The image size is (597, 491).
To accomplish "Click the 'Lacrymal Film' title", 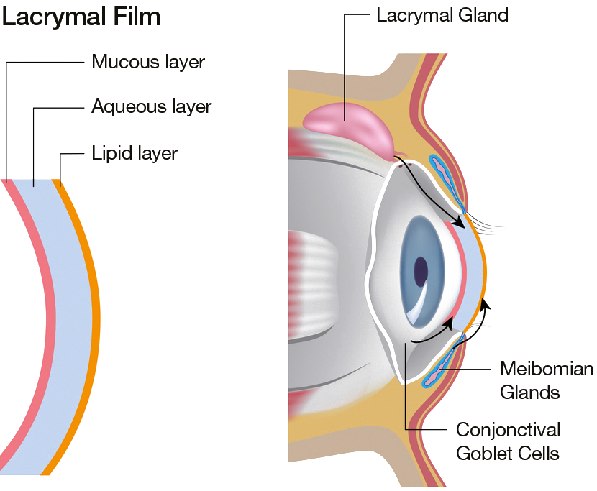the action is point(81,17).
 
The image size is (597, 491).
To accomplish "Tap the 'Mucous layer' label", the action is point(148,62).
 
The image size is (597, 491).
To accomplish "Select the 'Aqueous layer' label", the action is point(151,106).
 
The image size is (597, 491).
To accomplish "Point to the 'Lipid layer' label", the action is point(135,153).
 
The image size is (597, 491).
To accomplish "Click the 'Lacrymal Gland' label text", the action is point(442,15).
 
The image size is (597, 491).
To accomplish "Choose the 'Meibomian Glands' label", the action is point(547,380).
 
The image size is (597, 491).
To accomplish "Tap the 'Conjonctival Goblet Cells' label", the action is point(508,441).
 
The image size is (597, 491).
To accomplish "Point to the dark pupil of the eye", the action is point(421,272).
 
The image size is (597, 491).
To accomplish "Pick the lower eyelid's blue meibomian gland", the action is point(445,360).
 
